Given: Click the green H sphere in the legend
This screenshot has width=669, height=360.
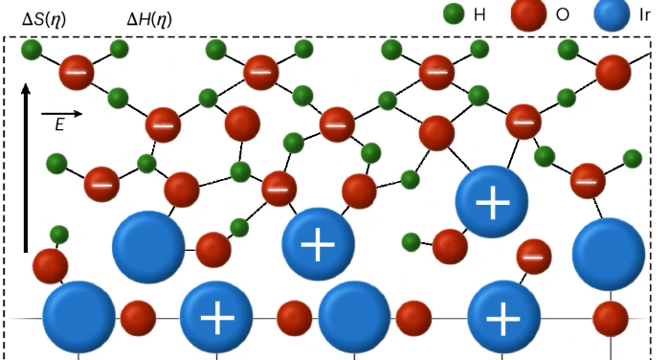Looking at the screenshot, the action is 456,14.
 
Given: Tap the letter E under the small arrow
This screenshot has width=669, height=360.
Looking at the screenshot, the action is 59,125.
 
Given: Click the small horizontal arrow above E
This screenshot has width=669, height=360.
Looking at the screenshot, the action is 63,113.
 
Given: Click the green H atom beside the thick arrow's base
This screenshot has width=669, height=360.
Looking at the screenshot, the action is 59,234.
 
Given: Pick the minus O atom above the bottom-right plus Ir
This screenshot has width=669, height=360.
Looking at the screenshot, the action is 534,257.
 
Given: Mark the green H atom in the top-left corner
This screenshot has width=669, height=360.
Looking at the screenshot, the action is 32,48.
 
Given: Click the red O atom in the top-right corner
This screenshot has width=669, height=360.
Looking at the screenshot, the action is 613,72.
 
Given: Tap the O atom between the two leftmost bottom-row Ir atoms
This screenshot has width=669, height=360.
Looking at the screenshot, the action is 138,317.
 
